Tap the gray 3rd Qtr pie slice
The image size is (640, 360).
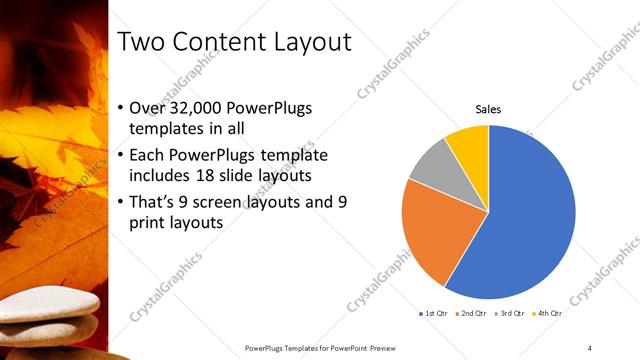click(433, 165)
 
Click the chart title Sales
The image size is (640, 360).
click(488, 109)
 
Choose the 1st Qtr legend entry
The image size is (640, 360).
click(433, 314)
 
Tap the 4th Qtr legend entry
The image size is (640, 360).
click(548, 314)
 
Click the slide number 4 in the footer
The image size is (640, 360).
click(590, 347)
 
